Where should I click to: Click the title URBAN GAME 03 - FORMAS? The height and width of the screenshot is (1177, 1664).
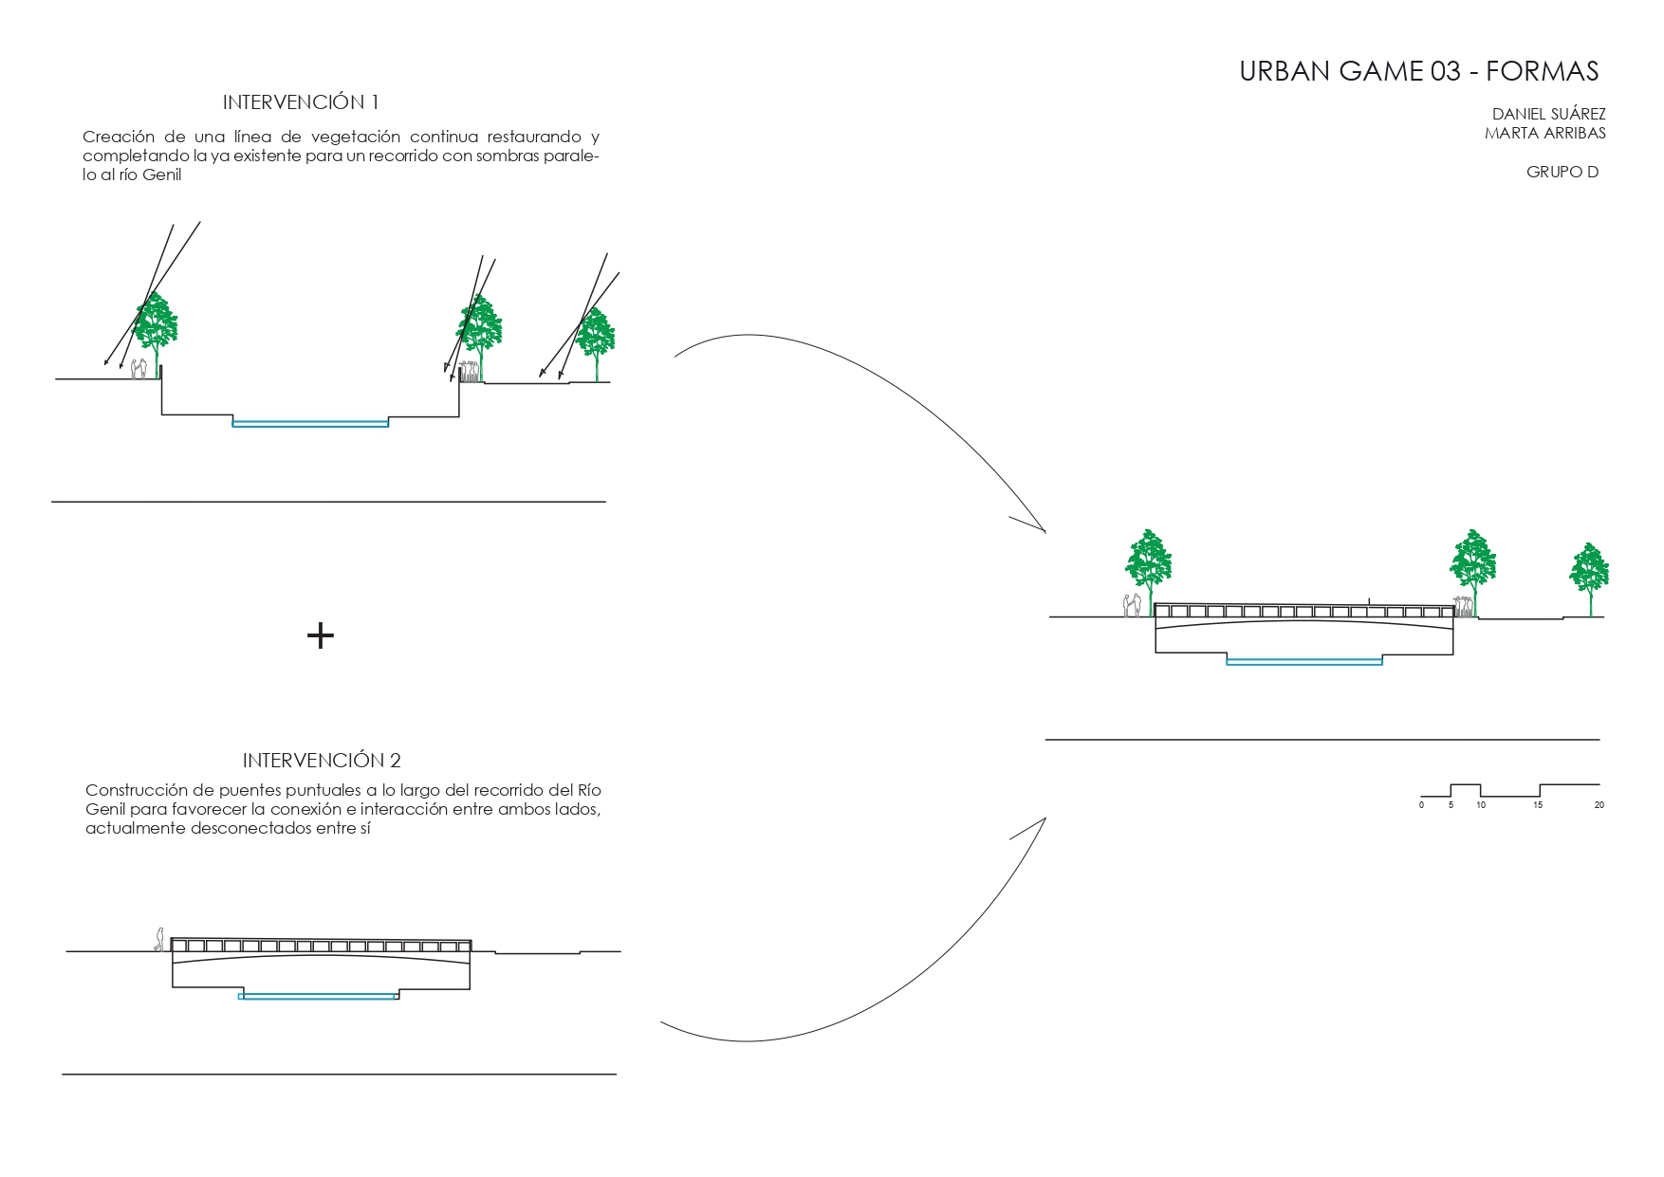(1418, 71)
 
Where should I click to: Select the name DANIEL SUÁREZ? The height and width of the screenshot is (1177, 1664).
(1548, 114)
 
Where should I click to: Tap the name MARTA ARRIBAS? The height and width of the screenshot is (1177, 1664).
(1544, 133)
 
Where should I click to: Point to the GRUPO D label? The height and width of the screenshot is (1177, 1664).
(1562, 172)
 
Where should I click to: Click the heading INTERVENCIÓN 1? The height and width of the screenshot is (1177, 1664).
(301, 101)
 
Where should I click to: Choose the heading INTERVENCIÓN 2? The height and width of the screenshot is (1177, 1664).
(322, 760)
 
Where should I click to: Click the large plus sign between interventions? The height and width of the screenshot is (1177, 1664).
(321, 634)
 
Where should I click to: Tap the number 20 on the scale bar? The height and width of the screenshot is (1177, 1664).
(1599, 805)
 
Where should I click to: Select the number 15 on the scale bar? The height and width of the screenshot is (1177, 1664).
(1538, 805)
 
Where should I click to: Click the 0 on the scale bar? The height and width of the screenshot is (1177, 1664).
(1421, 805)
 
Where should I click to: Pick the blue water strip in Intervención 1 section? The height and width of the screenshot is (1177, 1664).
(310, 423)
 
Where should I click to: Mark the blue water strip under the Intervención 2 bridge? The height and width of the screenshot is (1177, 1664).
(318, 996)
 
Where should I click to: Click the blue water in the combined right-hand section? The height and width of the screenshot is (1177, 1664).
(1304, 661)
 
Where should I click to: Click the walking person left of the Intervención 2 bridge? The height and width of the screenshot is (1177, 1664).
(159, 939)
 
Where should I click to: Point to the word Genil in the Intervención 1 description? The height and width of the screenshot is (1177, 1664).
(161, 175)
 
